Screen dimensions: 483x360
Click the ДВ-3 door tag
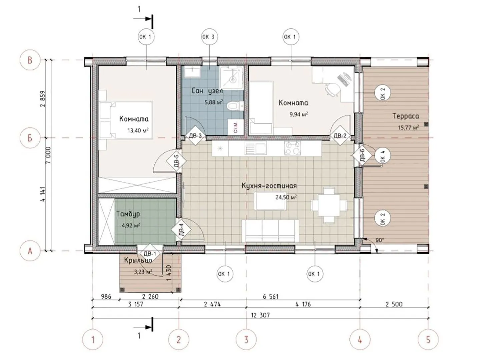(x=195, y=136)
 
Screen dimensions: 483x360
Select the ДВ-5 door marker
(x=176, y=161)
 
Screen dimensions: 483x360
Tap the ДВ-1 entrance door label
(x=150, y=254)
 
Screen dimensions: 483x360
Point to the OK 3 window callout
(x=209, y=37)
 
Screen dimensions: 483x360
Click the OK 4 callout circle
(x=382, y=156)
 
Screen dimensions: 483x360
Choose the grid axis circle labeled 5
(x=428, y=340)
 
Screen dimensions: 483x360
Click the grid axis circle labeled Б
(x=30, y=138)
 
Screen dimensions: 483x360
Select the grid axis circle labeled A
(x=30, y=251)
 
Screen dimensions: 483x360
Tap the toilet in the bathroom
(x=235, y=106)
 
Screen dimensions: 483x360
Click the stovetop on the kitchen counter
(x=292, y=148)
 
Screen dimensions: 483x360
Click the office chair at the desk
(x=333, y=89)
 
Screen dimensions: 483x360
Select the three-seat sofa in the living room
(x=270, y=231)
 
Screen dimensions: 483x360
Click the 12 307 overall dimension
(x=260, y=315)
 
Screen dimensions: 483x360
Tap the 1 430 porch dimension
(x=169, y=273)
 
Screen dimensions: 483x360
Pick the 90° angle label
(x=379, y=240)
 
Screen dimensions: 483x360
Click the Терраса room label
(x=406, y=116)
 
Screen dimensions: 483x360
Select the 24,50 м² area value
(x=286, y=197)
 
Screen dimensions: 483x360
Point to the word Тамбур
(x=128, y=214)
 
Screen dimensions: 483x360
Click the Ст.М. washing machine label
(x=236, y=127)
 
